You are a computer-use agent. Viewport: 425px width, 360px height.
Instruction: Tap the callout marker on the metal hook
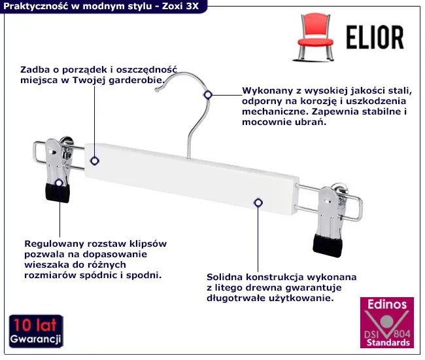[208, 95]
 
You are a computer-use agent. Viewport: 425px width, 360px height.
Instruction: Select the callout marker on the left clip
[59, 183]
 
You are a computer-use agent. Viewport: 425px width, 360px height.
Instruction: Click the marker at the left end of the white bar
[95, 160]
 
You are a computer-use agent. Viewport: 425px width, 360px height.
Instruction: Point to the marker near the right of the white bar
[258, 204]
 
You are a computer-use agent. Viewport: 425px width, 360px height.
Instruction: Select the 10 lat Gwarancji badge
[36, 332]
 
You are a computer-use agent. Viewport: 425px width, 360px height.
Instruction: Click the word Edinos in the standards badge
[386, 305]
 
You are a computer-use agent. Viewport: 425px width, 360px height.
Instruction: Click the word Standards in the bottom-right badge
[388, 342]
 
